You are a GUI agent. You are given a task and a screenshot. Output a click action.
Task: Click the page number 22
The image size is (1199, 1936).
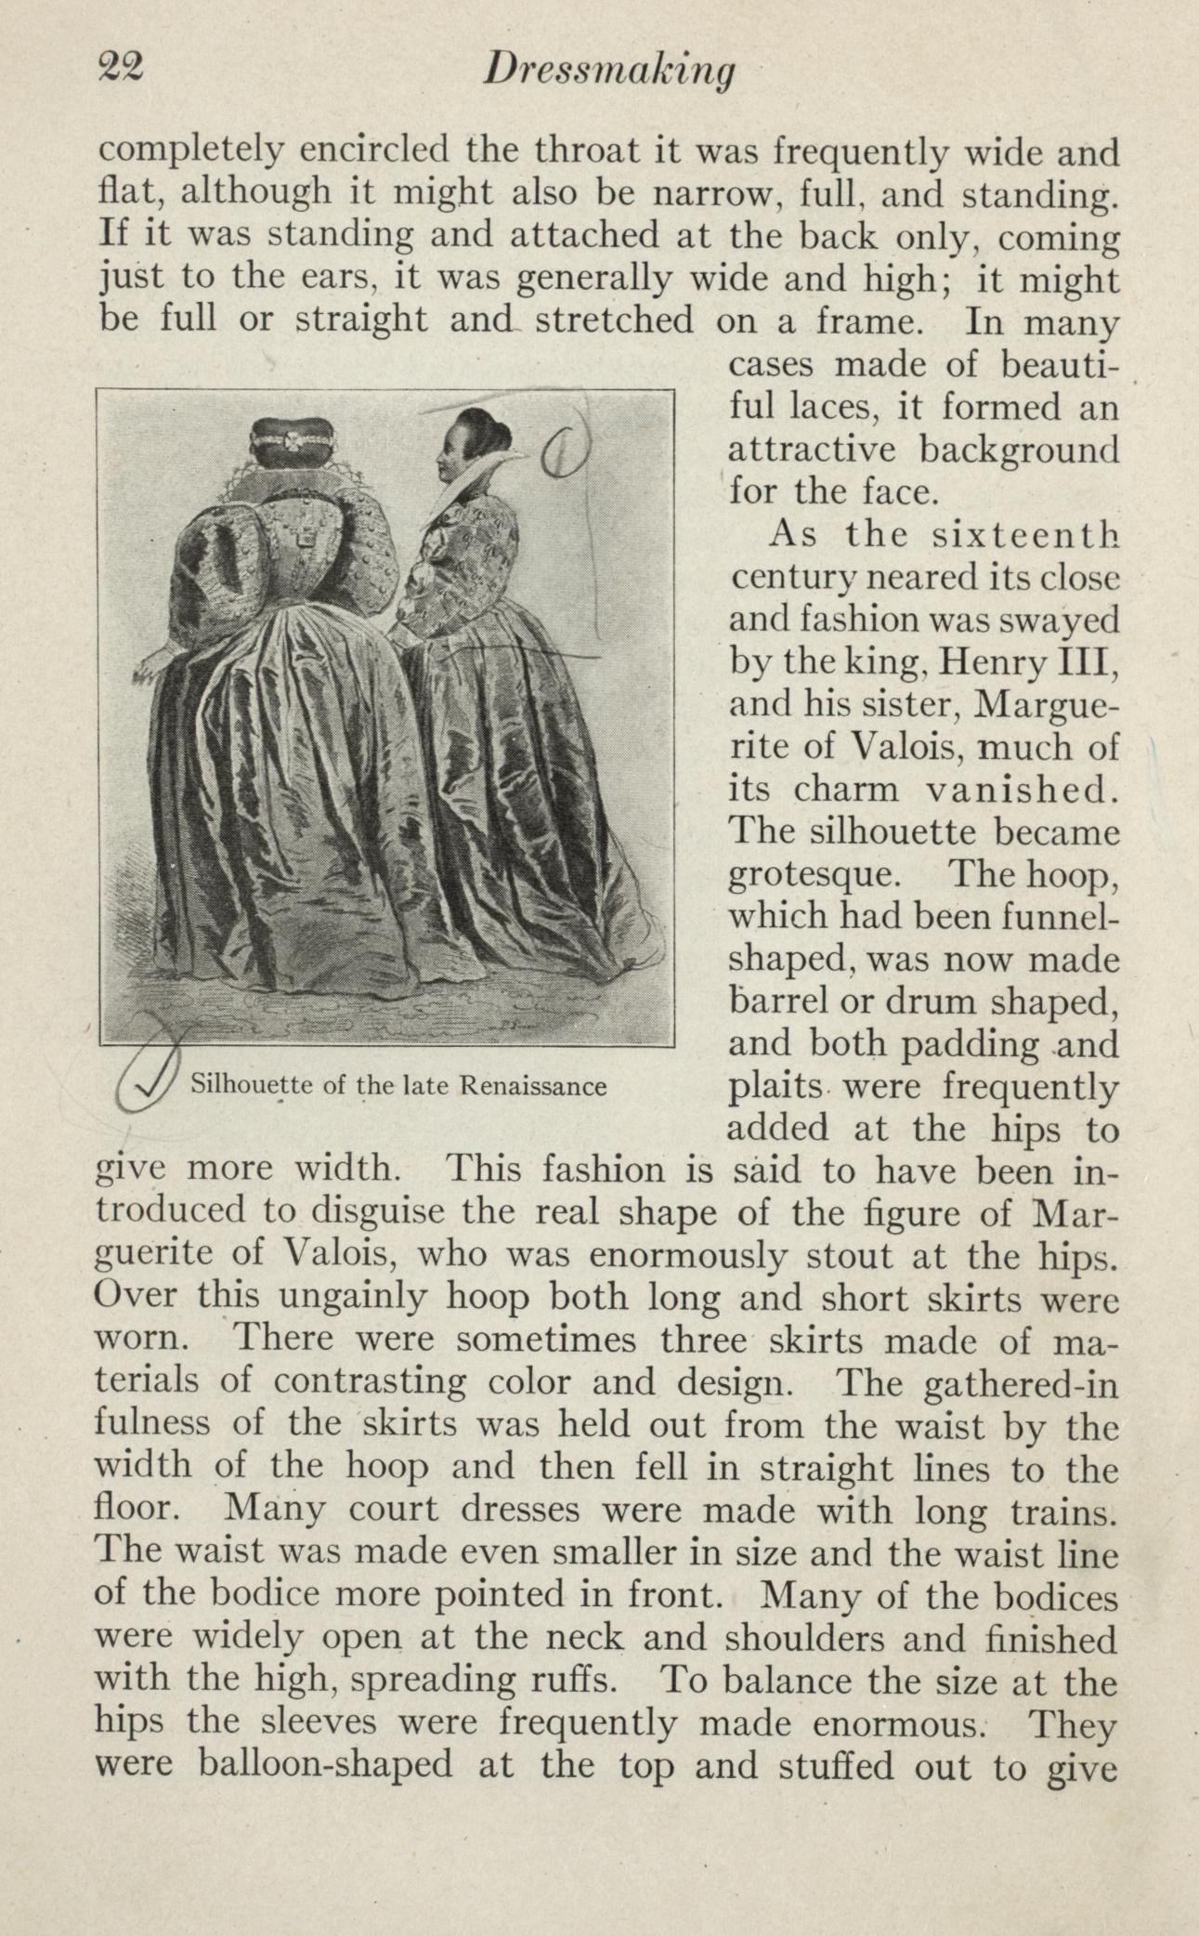[x=120, y=69]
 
